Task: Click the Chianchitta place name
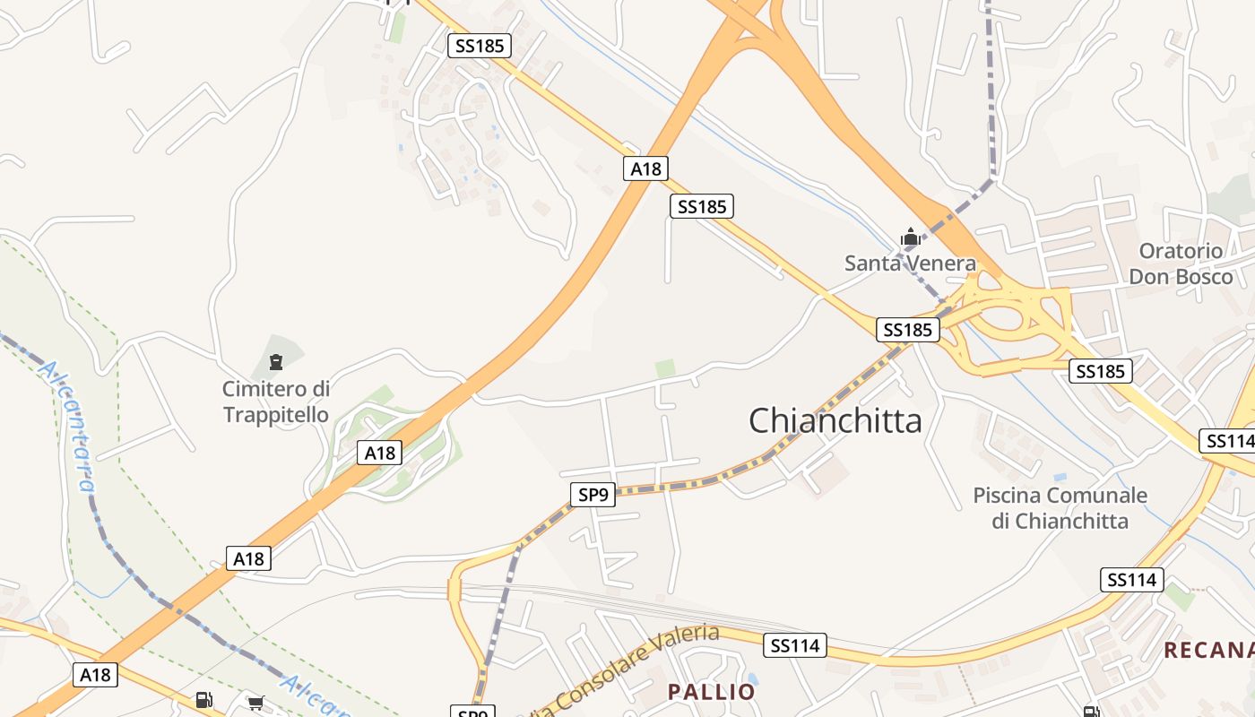tap(835, 420)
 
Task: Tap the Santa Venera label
tap(910, 263)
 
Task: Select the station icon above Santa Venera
tap(911, 238)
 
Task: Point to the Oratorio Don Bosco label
tap(1181, 263)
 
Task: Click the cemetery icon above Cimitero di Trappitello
tap(275, 362)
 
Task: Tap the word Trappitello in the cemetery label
tap(275, 415)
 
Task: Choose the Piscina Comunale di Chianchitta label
tap(1060, 507)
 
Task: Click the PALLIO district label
tap(712, 692)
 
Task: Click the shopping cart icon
tap(256, 703)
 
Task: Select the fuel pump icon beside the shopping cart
tap(204, 700)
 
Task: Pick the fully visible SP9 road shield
tap(593, 494)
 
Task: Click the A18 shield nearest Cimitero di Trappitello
tap(379, 453)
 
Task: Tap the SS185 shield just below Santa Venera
tap(908, 330)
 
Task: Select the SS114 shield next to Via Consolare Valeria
tap(796, 645)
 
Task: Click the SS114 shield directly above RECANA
tap(1132, 580)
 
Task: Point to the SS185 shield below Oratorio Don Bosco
tap(1100, 370)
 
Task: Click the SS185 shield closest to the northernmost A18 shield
tap(702, 207)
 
